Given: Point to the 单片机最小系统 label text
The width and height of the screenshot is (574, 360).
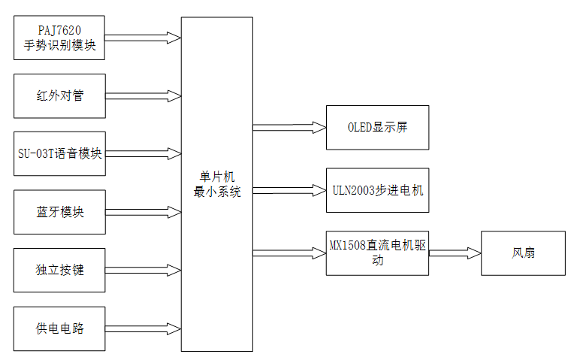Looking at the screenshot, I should click(x=217, y=184).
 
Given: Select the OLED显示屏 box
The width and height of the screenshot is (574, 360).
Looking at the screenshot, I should click(x=377, y=128).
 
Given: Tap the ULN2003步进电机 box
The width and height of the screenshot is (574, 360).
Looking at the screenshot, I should click(x=377, y=190).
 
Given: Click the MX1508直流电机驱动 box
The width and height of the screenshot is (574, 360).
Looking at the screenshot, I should click(x=377, y=253).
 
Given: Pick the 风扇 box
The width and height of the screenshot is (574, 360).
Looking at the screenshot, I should click(x=523, y=253).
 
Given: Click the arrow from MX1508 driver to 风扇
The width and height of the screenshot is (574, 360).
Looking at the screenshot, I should click(x=455, y=253).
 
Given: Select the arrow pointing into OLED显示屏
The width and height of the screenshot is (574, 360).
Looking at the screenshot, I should click(x=289, y=128).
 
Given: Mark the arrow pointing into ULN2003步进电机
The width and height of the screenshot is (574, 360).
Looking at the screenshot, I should click(x=289, y=190).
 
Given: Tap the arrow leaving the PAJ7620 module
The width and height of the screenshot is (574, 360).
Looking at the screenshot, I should click(x=143, y=37).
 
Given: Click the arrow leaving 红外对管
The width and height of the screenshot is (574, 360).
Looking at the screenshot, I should click(x=143, y=95).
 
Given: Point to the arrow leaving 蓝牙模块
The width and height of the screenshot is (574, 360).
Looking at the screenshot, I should click(x=143, y=211).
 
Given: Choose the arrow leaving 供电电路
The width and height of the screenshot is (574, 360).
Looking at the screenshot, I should click(x=143, y=328).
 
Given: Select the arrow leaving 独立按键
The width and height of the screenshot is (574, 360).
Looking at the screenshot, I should click(x=143, y=269).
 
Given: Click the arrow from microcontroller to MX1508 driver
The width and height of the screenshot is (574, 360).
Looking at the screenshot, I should click(x=289, y=253).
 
